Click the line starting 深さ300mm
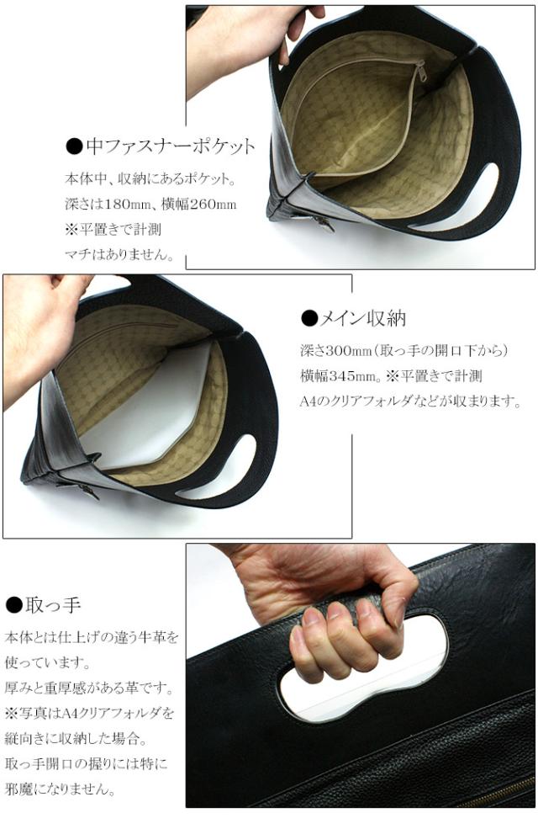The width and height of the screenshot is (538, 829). pyautogui.click(x=404, y=350)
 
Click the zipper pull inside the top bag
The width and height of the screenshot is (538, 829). pyautogui.click(x=421, y=73)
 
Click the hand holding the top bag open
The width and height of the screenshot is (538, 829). pyautogui.click(x=244, y=42)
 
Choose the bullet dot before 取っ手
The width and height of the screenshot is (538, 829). pyautogui.click(x=13, y=605)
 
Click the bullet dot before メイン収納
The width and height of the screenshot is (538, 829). pyautogui.click(x=309, y=318)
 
